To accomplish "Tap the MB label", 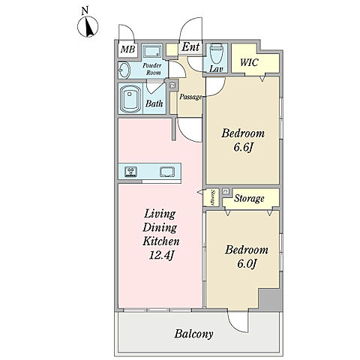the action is [x=127, y=49].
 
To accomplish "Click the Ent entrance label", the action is [x=190, y=46].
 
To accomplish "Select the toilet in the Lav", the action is [x=216, y=53].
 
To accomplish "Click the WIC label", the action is [x=249, y=62].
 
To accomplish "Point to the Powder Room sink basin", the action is [x=124, y=70].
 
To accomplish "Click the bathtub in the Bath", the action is [x=130, y=99].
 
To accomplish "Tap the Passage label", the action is [x=190, y=97].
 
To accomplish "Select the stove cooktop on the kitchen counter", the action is [x=131, y=172].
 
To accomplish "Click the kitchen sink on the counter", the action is [x=167, y=172].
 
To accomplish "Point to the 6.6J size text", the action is [x=242, y=148].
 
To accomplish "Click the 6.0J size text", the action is [x=246, y=264].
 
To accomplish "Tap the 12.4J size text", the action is [x=161, y=256].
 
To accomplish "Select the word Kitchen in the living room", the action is [x=161, y=241].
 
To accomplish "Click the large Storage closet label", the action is [x=249, y=199].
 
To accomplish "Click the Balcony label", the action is [x=193, y=334].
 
